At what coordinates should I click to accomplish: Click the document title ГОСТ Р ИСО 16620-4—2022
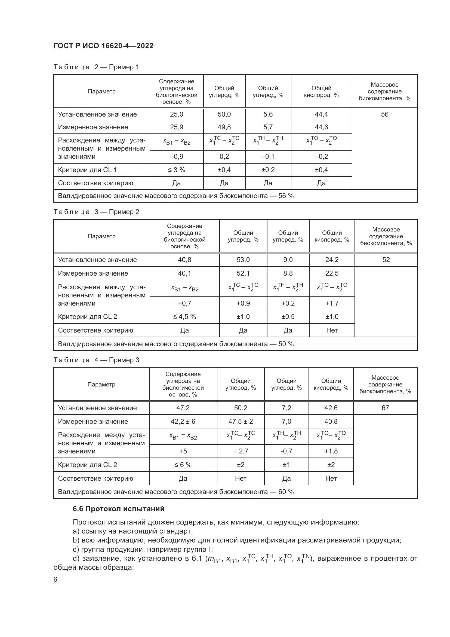pyautogui.click(x=103, y=46)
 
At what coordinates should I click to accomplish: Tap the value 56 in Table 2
pyautogui.click(x=384, y=114)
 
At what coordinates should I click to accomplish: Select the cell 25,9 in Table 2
pyautogui.click(x=177, y=127)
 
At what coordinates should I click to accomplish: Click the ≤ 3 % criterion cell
pyautogui.click(x=177, y=170)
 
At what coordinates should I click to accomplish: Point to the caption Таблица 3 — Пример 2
pyautogui.click(x=96, y=212)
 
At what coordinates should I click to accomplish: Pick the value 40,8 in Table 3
pyautogui.click(x=184, y=260)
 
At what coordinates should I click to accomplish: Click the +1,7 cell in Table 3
pyautogui.click(x=332, y=303)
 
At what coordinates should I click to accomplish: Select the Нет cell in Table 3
pyautogui.click(x=332, y=330)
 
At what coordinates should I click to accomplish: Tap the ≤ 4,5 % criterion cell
pyautogui.click(x=184, y=316)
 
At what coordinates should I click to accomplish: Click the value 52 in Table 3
pyautogui.click(x=386, y=260)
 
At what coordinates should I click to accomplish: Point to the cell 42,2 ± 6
pyautogui.click(x=183, y=421)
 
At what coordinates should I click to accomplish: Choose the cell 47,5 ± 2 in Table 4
pyautogui.click(x=241, y=421)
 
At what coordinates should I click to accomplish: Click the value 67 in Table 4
pyautogui.click(x=385, y=408)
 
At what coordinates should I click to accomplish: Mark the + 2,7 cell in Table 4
pyautogui.click(x=241, y=451)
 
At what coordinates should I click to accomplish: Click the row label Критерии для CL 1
pyautogui.click(x=87, y=170)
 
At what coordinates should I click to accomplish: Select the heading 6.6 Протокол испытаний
pyautogui.click(x=119, y=509)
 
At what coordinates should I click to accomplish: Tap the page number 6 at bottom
pyautogui.click(x=56, y=580)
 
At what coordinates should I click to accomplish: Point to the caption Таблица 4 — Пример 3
pyautogui.click(x=96, y=360)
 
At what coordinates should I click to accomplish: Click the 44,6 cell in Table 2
pyautogui.click(x=321, y=127)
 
